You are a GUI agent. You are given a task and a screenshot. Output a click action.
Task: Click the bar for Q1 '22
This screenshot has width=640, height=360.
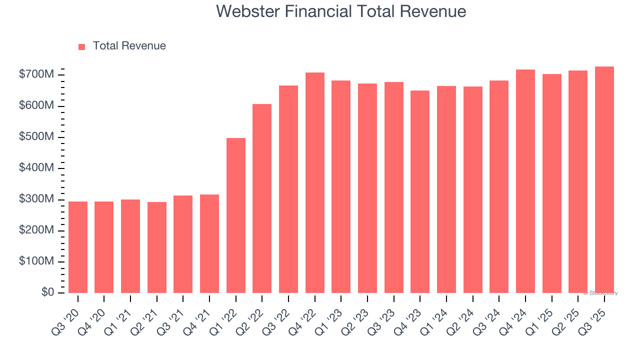pos(236,215)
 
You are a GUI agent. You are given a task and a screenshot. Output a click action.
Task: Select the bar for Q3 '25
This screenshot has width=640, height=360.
pos(604,180)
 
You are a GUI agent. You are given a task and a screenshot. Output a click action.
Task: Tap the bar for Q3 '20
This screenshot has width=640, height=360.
pos(78,247)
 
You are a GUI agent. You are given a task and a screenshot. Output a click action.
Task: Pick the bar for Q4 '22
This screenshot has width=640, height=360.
pos(315,183)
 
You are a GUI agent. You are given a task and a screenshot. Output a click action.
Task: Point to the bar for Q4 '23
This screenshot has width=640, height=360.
pos(420,192)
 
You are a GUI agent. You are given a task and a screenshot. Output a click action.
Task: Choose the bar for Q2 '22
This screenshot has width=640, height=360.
pos(262,198)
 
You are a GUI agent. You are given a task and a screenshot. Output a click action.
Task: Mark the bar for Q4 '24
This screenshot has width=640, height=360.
pos(525,181)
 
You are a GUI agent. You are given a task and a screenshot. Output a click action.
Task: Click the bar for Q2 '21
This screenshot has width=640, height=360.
pos(157,247)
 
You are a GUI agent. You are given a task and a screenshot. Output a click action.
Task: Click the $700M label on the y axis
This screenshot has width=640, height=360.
pos(36,75)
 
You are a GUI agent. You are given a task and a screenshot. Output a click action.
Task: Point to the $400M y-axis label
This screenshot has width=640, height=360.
pos(36,168)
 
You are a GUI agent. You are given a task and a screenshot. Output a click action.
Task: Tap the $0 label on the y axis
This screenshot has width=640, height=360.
pos(47,292)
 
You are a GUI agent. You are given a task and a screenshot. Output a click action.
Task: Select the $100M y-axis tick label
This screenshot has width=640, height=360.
pos(36,261)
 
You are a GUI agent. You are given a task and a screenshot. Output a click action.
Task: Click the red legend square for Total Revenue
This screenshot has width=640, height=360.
pos(82,46)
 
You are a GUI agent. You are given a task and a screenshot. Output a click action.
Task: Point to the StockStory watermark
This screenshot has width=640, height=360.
pos(600,293)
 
